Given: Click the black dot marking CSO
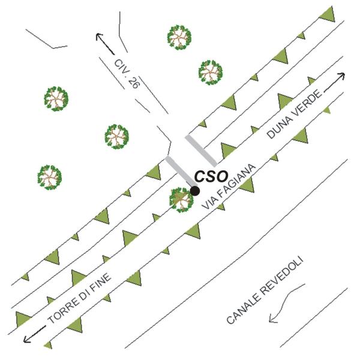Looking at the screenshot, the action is coord(195,191).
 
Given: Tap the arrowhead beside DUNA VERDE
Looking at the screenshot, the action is coord(343,75).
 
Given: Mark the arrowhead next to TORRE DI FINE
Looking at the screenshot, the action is coord(25,340).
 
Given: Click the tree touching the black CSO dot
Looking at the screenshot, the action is coord(181,200).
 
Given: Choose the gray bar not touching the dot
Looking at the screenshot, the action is coord(200,150).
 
